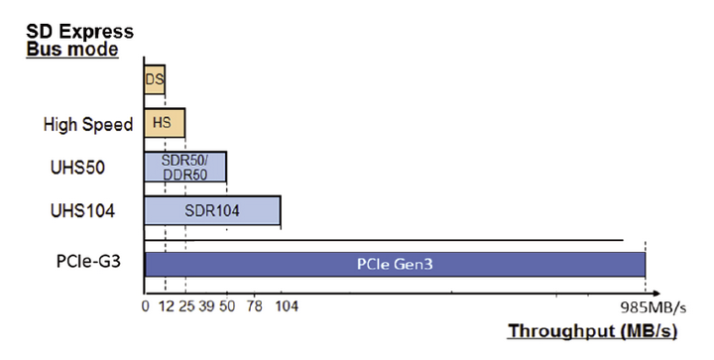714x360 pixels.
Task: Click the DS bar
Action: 155,78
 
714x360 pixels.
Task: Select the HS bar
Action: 165,123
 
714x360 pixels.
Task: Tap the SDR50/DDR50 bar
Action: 185,167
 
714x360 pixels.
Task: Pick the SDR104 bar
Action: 212,210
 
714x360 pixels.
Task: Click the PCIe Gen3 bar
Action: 395,265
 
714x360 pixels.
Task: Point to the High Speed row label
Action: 87,124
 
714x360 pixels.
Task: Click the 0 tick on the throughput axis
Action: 145,305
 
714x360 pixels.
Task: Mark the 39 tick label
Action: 206,305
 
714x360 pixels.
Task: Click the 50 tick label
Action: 227,305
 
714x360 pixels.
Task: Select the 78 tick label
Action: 254,305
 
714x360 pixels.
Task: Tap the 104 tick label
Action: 286,305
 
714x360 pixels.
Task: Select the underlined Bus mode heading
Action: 71,49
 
